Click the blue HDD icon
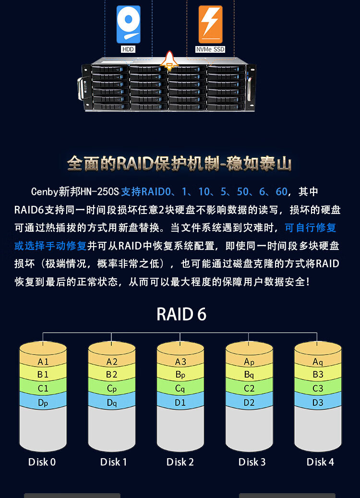128,24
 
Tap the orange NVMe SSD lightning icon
210,24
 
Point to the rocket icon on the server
169,60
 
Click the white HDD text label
128,49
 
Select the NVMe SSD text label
210,49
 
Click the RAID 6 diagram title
181,314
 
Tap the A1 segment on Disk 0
43,359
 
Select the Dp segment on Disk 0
43,401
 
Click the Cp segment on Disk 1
112,388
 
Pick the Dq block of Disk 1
112,401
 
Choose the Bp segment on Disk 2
180,374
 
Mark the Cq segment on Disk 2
180,388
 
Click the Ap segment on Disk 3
249,359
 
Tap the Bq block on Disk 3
249,374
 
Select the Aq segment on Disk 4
318,359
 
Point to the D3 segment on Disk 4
318,401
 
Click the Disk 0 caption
42,462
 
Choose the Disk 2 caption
180,462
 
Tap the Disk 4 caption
320,462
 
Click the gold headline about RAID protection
180,164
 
